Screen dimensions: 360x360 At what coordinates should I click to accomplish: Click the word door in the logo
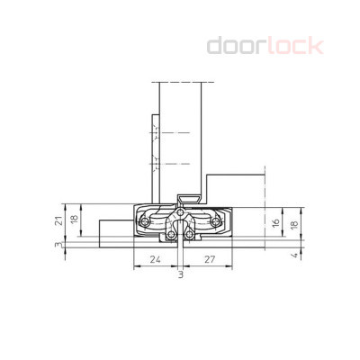click(238, 45)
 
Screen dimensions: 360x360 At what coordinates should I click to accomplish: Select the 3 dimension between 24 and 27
click(180, 274)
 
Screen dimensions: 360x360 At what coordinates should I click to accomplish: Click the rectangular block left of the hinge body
click(115, 229)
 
